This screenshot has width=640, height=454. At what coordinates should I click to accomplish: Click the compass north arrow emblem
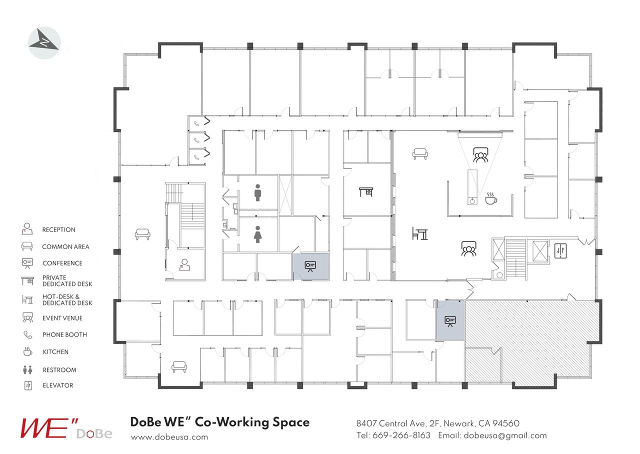(x=44, y=43)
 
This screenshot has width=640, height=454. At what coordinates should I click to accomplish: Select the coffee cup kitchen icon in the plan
(x=491, y=198)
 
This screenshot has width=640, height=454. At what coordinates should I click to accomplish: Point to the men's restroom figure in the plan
(x=257, y=192)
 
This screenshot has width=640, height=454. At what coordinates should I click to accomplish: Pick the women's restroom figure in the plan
(x=257, y=234)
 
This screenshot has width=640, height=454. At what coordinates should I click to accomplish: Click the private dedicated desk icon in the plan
(x=366, y=191)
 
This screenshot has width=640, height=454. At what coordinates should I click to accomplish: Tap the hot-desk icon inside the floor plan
(x=420, y=233)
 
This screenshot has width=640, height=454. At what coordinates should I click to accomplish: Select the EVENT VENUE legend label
(x=62, y=318)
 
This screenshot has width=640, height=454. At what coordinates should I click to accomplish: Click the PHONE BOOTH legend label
(x=64, y=335)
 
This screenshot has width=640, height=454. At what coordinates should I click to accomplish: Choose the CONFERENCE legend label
(x=62, y=263)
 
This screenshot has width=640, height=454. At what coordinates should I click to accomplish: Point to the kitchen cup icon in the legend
(x=27, y=351)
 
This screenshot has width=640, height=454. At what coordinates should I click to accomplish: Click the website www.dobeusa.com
(x=169, y=437)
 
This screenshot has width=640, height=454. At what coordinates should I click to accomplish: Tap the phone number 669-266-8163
(x=401, y=435)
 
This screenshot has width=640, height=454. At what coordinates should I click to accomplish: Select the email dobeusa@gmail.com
(x=505, y=435)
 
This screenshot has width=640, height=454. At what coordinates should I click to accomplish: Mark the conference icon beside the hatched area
(x=450, y=320)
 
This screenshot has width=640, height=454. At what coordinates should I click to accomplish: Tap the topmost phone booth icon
(x=197, y=123)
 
